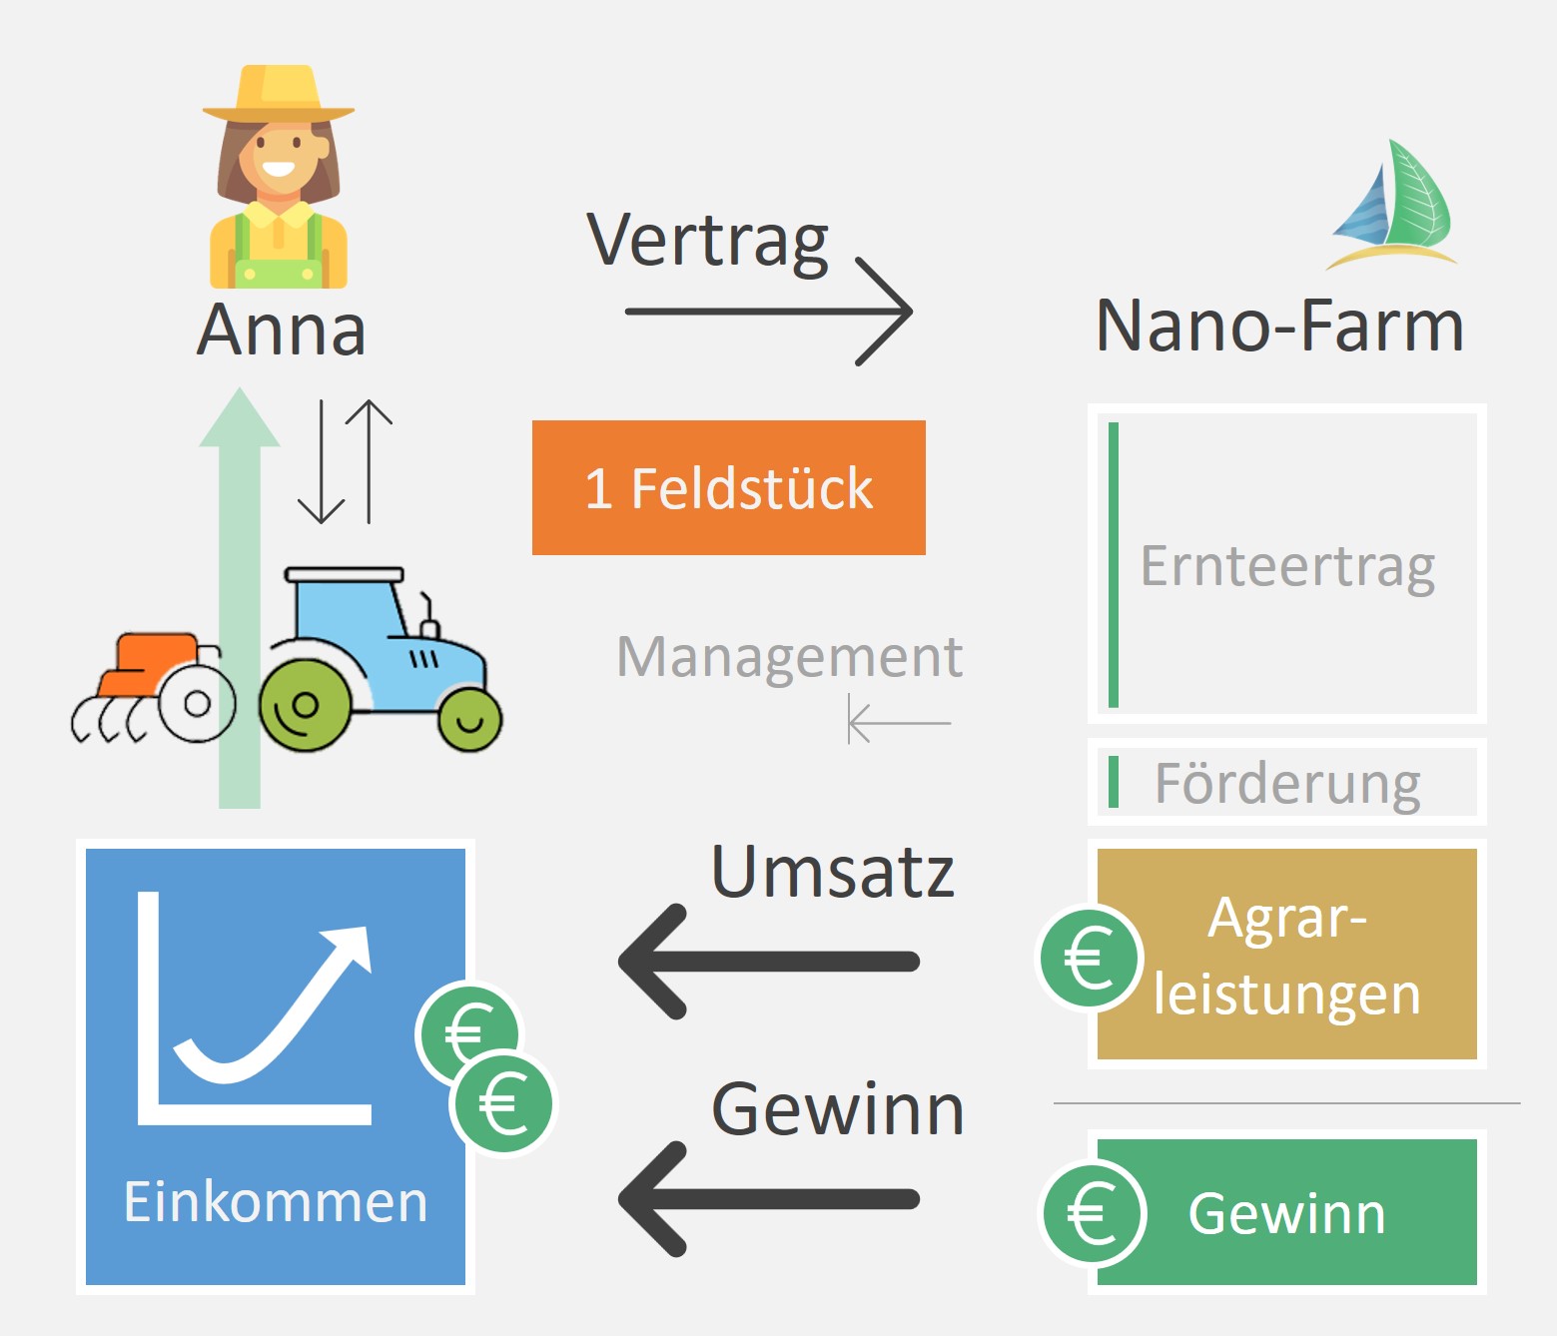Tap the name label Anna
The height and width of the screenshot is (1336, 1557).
pos(282,330)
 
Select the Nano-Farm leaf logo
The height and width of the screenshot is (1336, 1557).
pos(1393,206)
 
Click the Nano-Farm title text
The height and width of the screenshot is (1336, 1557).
pos(1279,326)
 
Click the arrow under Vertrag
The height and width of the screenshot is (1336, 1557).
pos(769,312)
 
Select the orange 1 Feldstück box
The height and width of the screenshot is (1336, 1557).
pos(728,487)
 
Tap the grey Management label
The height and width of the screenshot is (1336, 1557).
pos(789,657)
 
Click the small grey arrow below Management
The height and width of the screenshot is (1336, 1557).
pos(899,721)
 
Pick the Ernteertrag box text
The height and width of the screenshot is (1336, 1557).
pos(1286,566)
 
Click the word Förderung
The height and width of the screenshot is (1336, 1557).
pos(1286,783)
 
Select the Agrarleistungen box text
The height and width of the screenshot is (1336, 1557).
pos(1286,956)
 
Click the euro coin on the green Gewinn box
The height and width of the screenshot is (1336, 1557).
pos(1093,1213)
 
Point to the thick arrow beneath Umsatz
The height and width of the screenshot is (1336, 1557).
pos(769,962)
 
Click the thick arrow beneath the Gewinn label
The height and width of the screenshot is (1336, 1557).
pos(769,1198)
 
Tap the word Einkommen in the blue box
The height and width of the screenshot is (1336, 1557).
pos(275,1201)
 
